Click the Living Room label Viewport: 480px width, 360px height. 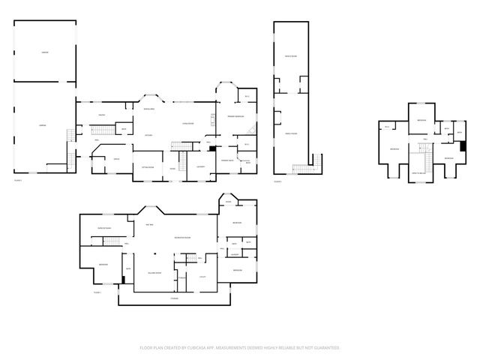tap(187, 122)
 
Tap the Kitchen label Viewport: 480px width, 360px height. tap(149, 135)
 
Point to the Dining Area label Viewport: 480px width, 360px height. tap(149, 109)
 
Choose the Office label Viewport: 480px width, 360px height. tap(116, 159)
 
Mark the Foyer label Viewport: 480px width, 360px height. tap(172, 168)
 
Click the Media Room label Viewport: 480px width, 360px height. tap(290, 57)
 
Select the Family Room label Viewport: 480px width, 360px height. tap(290, 133)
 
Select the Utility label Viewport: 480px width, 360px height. tap(202, 277)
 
